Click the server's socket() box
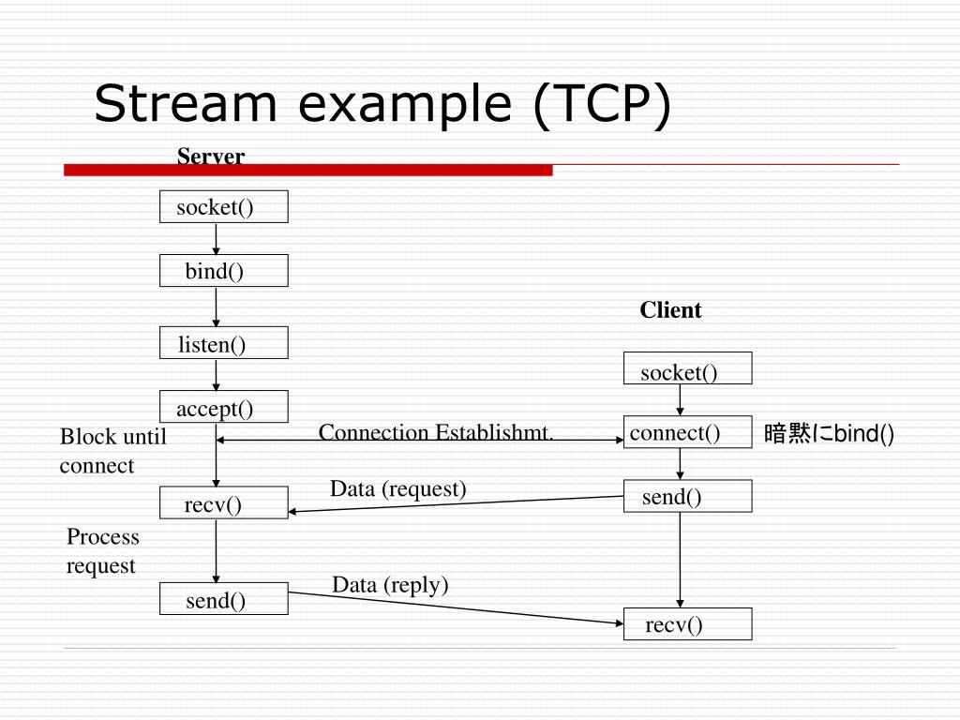pyautogui.click(x=223, y=206)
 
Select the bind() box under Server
pyautogui.click(x=223, y=271)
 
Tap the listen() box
pyautogui.click(x=223, y=343)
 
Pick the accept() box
pyautogui.click(x=223, y=407)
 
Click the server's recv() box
pyautogui.click(x=223, y=504)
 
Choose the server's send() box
pyautogui.click(x=223, y=599)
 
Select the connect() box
pyautogui.click(x=687, y=432)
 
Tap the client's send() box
pyautogui.click(x=687, y=496)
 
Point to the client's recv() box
pyautogui.click(x=687, y=624)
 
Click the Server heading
pyautogui.click(x=211, y=156)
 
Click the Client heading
pyautogui.click(x=670, y=310)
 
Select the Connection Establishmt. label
pyautogui.click(x=437, y=432)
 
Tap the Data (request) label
pyautogui.click(x=397, y=488)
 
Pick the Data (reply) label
pyautogui.click(x=390, y=585)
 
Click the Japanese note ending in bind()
pyautogui.click(x=830, y=433)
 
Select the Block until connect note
pyautogui.click(x=112, y=451)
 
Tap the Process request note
pyautogui.click(x=102, y=551)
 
